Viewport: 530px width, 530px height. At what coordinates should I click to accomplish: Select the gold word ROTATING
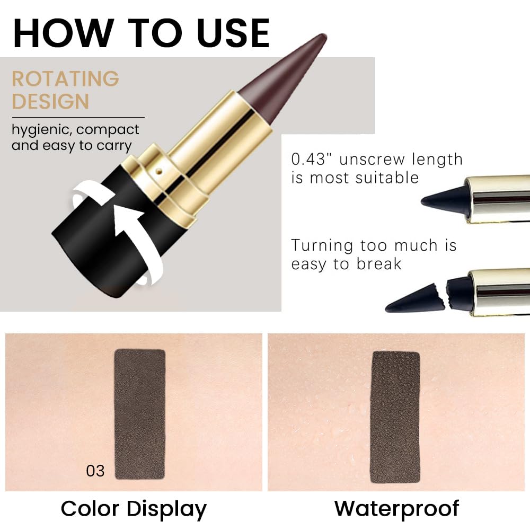65,79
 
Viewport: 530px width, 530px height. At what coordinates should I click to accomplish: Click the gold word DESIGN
50,101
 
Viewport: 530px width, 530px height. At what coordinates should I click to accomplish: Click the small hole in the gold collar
157,172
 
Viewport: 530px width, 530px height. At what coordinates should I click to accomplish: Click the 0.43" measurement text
313,160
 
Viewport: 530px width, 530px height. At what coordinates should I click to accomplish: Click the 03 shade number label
95,470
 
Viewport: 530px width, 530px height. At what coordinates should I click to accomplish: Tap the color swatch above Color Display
140,414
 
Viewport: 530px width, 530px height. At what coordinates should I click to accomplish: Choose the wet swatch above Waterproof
395,417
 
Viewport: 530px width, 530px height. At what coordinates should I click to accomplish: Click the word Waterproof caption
396,508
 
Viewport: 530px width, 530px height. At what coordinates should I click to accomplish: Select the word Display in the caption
167,509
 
